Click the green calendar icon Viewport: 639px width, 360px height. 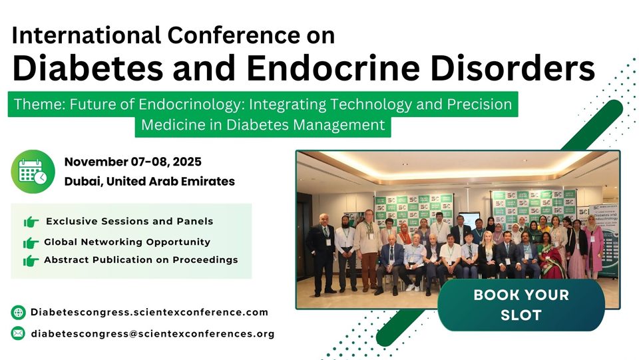tap(33, 172)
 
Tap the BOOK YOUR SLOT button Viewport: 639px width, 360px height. tap(521, 305)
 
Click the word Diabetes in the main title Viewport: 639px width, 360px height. tap(88, 68)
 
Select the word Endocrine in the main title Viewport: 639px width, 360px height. tap(333, 68)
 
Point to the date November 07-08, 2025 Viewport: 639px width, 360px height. tap(133, 162)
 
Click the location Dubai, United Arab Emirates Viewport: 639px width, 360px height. tap(150, 181)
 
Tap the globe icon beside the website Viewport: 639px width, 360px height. tap(18, 312)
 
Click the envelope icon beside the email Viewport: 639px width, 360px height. tap(18, 333)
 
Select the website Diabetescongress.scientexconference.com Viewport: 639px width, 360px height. tap(150, 312)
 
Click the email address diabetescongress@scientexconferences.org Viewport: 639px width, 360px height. tap(153, 333)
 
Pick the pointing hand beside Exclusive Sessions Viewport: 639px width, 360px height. tap(31, 222)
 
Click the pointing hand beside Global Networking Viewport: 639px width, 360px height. tap(31, 243)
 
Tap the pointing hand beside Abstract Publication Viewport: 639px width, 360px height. tap(31, 260)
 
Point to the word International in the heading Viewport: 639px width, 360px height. tap(87, 35)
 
